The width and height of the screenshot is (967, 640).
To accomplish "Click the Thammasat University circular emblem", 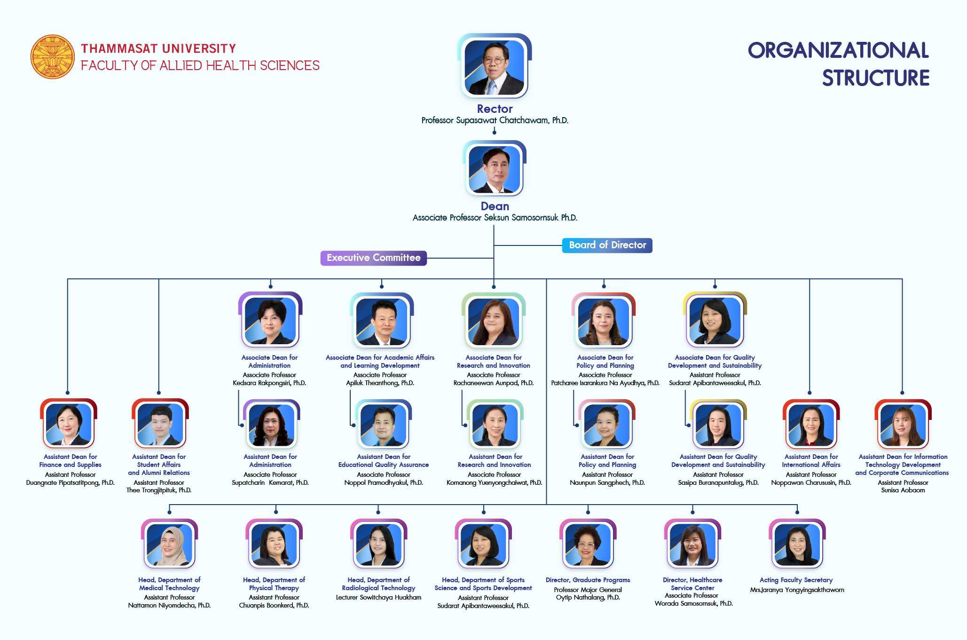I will point(53,56).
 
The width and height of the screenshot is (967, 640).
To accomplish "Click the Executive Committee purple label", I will point(373,258).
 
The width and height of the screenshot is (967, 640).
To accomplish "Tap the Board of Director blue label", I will point(607,245).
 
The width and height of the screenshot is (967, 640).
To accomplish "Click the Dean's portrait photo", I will point(494,169).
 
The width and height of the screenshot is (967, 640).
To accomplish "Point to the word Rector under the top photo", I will point(495,109).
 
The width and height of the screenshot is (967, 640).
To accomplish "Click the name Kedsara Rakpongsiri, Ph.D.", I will point(269,383).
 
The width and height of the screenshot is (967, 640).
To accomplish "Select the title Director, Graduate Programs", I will point(588,580).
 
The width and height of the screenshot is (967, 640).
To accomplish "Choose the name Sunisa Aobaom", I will point(903,490).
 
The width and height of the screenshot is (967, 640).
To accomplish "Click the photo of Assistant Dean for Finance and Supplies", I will point(69,424).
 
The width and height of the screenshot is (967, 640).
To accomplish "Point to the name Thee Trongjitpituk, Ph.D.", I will point(159,490).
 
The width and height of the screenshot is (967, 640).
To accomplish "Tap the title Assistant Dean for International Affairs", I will point(811,461).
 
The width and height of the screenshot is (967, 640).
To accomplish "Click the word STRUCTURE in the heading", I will point(875,78).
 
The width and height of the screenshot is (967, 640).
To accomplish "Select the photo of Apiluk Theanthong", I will point(382,320).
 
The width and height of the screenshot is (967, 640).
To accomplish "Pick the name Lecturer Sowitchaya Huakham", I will point(378,597).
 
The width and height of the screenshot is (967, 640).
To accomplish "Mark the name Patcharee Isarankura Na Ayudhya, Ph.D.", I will point(605,383).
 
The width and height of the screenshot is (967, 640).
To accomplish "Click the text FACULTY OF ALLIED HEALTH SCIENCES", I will point(200,65).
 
